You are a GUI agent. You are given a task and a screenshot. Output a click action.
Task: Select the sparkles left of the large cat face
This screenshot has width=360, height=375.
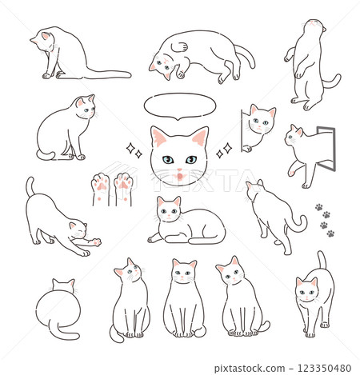click(134, 150)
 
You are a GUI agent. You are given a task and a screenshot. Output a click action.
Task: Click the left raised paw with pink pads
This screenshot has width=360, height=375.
click(100, 186)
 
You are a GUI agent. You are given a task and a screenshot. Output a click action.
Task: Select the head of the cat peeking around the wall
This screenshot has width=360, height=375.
click(261, 120)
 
